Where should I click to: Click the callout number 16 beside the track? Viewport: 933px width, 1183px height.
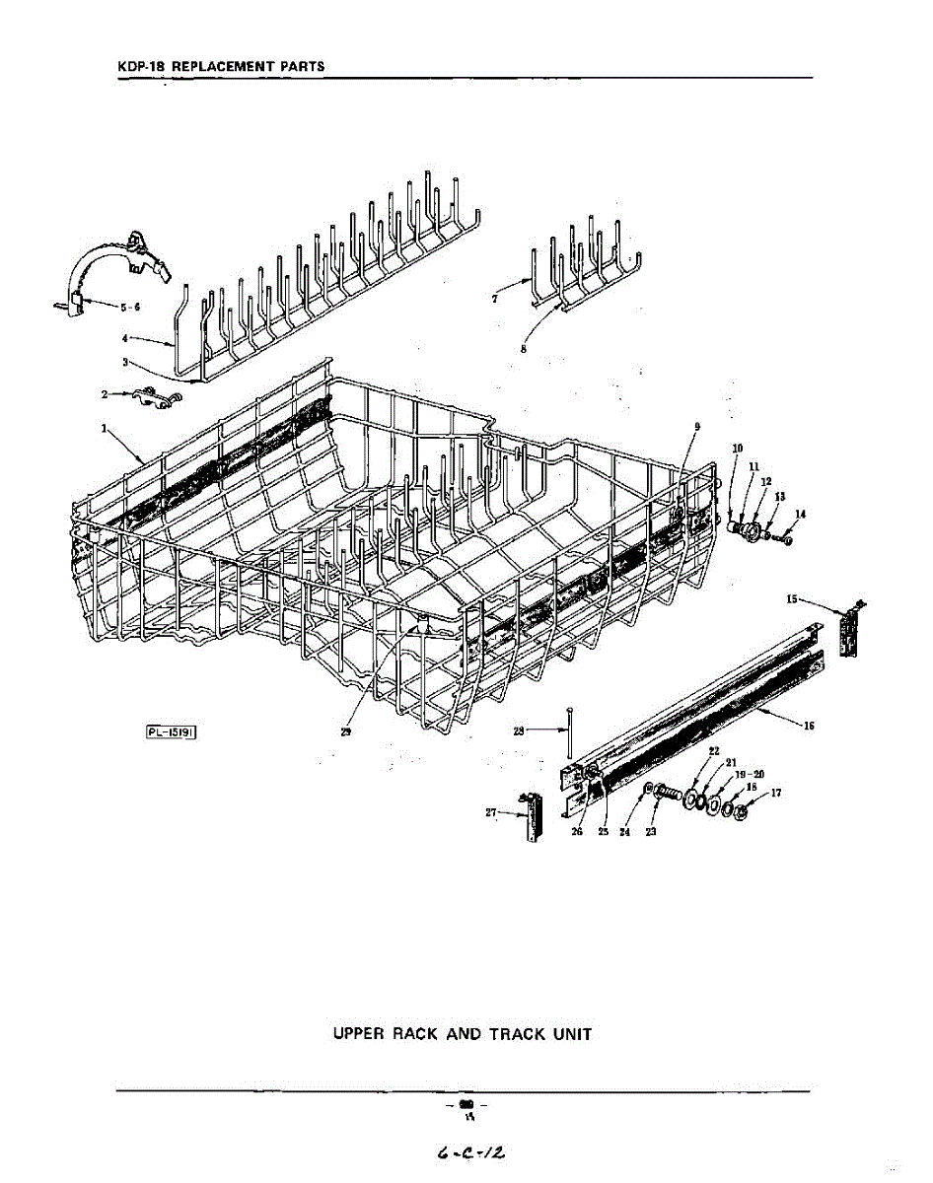click(809, 726)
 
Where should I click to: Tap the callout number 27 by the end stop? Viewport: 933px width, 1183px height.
click(491, 811)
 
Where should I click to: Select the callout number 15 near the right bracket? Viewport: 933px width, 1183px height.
click(792, 598)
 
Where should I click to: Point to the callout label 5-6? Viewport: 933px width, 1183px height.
click(130, 307)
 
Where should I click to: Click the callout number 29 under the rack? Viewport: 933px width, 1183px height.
click(346, 732)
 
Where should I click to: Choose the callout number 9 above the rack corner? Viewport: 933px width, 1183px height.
click(696, 426)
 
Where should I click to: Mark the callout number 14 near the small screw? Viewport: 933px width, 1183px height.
click(801, 514)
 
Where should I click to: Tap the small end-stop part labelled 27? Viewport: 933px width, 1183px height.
click(534, 817)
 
